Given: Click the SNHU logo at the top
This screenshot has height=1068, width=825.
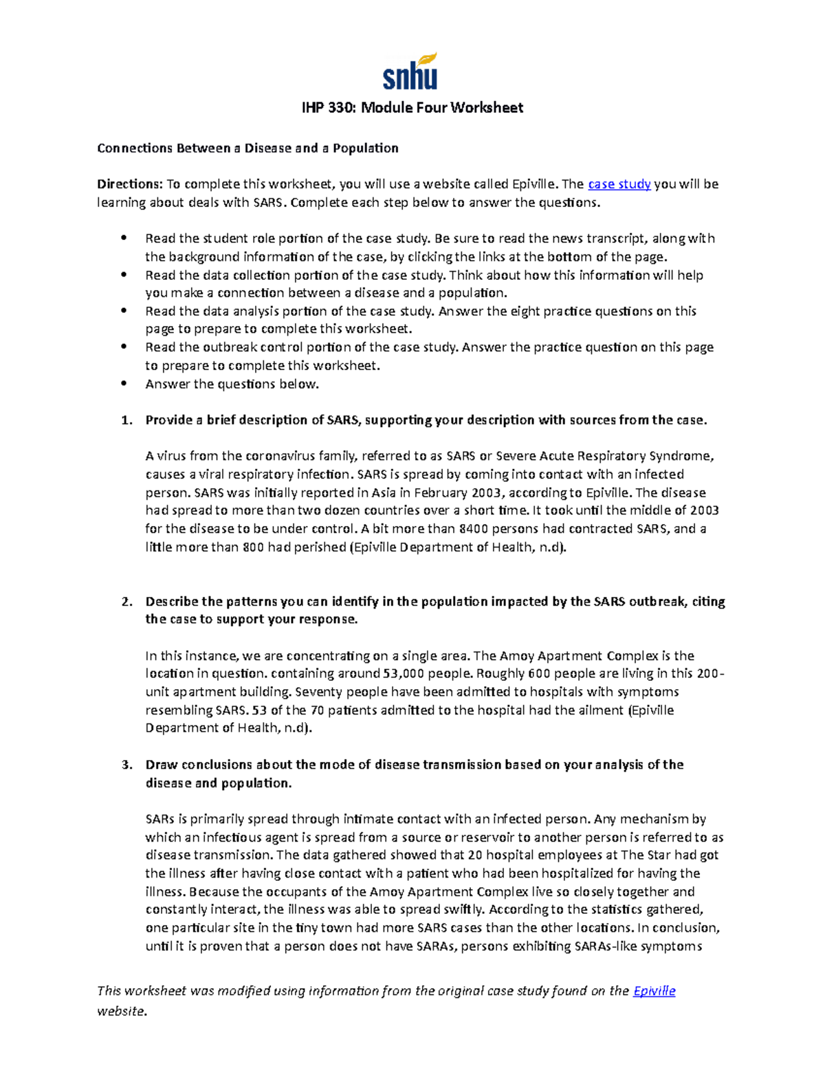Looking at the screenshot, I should click(410, 72).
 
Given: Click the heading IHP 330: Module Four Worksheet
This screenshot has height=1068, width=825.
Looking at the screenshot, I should click(412, 108).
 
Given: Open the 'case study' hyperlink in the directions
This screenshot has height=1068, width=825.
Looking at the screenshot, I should click(619, 184).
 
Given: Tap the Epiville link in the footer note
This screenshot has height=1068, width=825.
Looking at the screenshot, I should click(654, 991).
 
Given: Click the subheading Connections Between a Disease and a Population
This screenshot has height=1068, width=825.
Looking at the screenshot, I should click(247, 148).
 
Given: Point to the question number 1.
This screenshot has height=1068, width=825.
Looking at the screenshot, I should click(126, 420).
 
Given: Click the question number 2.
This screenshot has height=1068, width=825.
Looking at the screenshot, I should click(126, 602).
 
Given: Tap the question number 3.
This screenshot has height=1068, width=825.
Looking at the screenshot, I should click(126, 765).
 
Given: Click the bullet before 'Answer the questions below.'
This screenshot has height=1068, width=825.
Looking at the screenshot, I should click(124, 384).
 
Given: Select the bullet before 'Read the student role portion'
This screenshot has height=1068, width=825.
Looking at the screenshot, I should click(124, 239).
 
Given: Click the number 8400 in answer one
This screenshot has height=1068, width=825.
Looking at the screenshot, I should click(474, 529).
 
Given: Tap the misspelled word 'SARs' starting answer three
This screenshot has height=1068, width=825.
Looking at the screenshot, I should click(159, 819).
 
